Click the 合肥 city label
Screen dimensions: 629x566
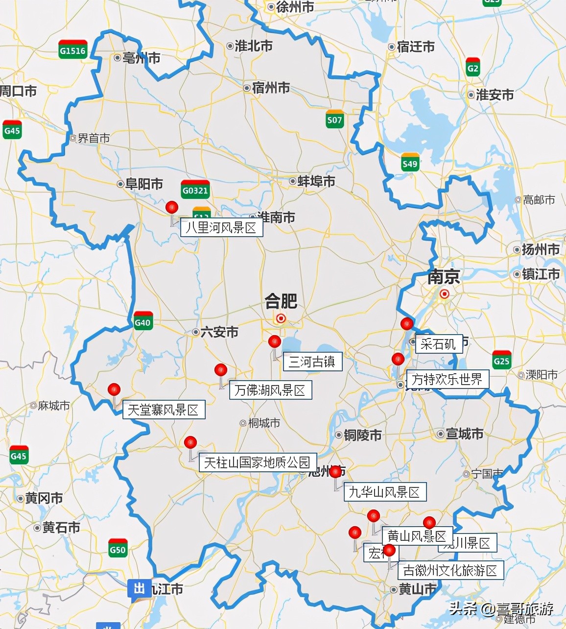[x=281, y=301]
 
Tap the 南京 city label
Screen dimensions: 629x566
[x=444, y=277]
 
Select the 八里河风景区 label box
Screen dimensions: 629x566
[x=221, y=228]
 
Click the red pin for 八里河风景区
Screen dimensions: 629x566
[x=172, y=207]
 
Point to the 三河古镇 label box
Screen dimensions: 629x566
[x=312, y=362]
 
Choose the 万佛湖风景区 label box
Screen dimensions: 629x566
[x=270, y=390]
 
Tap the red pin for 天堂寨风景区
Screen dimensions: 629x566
[x=114, y=389]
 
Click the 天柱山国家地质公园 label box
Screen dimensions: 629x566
[x=258, y=462]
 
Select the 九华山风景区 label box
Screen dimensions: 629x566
[x=384, y=492]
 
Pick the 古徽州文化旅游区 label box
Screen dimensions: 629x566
[x=450, y=570]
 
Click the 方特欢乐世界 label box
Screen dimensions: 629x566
[x=447, y=379]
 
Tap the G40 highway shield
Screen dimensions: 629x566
[x=143, y=321]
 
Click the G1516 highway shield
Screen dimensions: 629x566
[x=72, y=49]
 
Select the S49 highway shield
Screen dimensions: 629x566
[x=410, y=163]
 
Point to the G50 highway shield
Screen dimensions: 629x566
[x=118, y=549]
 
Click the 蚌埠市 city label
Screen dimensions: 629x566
[x=316, y=181]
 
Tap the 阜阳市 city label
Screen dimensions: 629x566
[x=143, y=184]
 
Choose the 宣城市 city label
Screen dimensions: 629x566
[x=464, y=434]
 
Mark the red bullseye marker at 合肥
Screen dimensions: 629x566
[x=281, y=318]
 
